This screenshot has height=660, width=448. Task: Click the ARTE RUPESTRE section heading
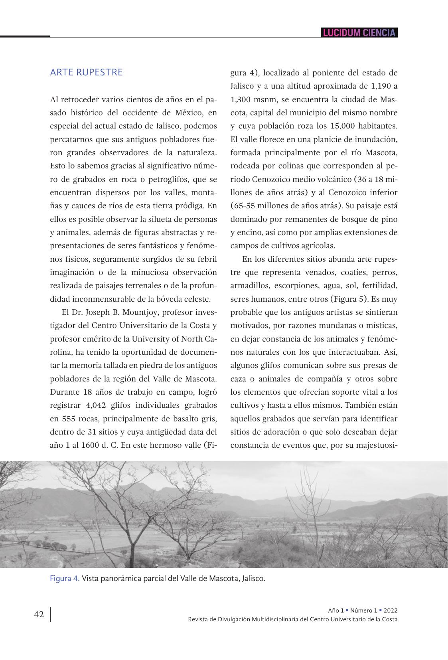[x=86, y=72]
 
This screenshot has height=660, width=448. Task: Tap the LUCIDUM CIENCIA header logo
[x=359, y=33]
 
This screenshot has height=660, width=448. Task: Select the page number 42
[x=39, y=614]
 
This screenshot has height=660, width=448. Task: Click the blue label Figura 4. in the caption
[x=65, y=578]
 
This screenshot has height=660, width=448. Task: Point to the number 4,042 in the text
[x=95, y=405]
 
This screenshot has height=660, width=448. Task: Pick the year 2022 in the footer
[x=390, y=611]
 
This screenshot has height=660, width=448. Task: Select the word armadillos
[x=249, y=286]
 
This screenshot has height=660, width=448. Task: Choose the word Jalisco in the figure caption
[x=252, y=578]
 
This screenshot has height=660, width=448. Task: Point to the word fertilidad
[x=378, y=286]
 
